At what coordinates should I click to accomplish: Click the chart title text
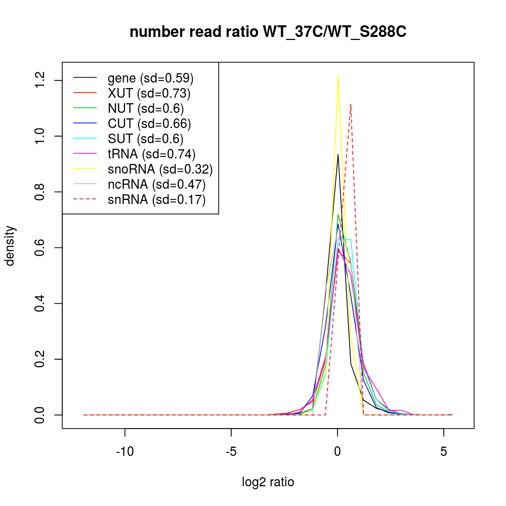point(268,32)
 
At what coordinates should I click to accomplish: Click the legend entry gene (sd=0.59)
point(151,78)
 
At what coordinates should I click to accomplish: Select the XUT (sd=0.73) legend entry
point(149,93)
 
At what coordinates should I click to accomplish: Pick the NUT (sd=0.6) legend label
point(146,108)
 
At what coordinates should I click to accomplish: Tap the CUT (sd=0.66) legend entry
point(149,123)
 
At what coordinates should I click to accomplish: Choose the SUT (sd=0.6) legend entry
point(146,139)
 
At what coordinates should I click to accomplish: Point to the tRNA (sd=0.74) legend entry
point(151,154)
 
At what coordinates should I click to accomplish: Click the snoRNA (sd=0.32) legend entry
point(160,169)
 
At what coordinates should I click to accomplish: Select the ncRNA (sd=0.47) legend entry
point(156,184)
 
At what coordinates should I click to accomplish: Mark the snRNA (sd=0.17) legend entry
point(156,199)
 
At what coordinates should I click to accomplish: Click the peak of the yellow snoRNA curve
point(338,75)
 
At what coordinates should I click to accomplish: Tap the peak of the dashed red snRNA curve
point(350,104)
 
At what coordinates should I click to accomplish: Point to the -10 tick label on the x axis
point(125,452)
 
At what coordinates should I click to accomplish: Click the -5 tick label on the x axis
point(231,452)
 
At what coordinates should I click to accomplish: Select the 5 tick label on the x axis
point(444,452)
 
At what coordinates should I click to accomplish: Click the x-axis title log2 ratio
point(268,482)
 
